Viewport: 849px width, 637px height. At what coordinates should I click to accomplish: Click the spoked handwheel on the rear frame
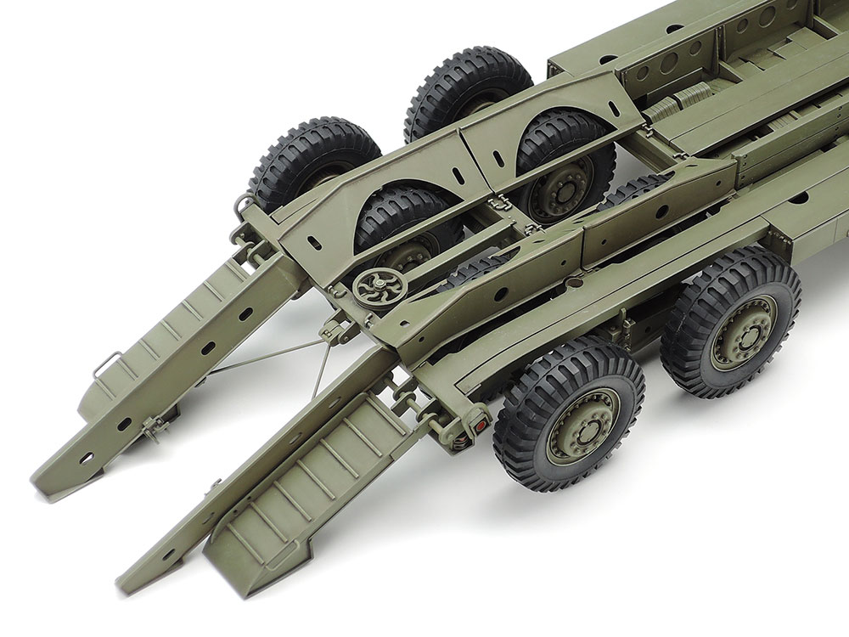tap(372, 288)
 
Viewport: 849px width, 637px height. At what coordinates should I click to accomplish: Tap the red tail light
tap(480, 422)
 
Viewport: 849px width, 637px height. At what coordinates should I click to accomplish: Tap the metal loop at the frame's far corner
tap(243, 205)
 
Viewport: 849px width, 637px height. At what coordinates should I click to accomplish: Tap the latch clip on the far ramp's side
tap(153, 425)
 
